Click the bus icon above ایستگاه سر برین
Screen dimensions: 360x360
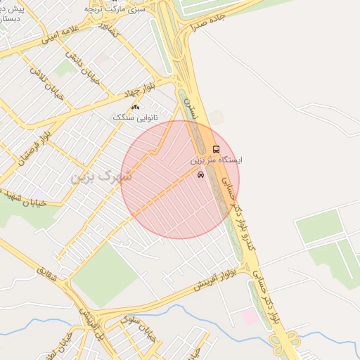point(215,149)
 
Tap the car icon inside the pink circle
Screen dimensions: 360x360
point(201,175)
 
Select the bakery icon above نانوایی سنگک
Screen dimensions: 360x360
point(135,107)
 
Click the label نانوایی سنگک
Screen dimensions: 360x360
point(133,117)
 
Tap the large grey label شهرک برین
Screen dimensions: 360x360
point(101,176)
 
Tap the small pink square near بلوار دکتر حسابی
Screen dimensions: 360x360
point(250,317)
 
